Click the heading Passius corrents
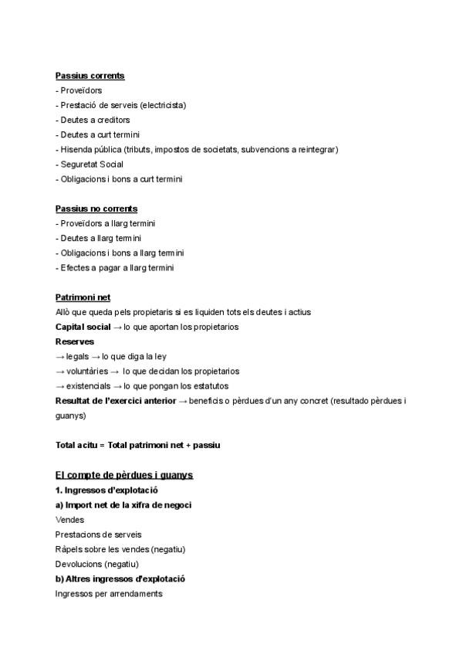[x=90, y=76]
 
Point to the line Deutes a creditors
[x=93, y=120]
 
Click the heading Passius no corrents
[x=96, y=209]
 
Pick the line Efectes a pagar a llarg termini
[x=114, y=268]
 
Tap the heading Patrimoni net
[x=83, y=297]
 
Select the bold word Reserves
[x=75, y=341]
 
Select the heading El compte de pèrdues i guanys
[x=123, y=474]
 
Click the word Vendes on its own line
[x=69, y=520]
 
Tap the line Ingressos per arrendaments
[x=109, y=594]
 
